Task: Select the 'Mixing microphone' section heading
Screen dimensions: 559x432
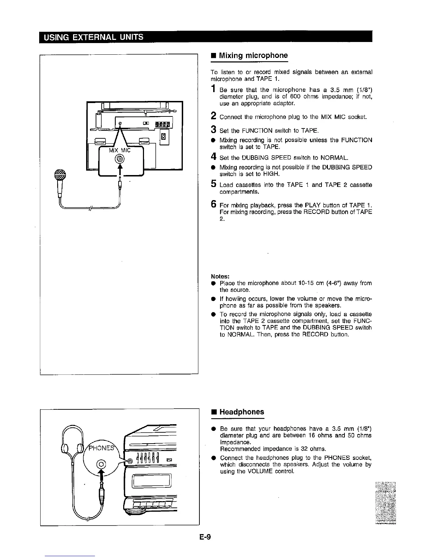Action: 253,55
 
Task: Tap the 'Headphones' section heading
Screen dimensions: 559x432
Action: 241,412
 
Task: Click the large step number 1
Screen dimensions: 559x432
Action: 214,90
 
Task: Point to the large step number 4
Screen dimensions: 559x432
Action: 214,156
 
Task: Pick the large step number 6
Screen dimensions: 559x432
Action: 214,204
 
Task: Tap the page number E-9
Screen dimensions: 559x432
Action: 205,537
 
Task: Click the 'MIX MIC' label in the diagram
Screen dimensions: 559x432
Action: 120,150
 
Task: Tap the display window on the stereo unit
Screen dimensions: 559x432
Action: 151,481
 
